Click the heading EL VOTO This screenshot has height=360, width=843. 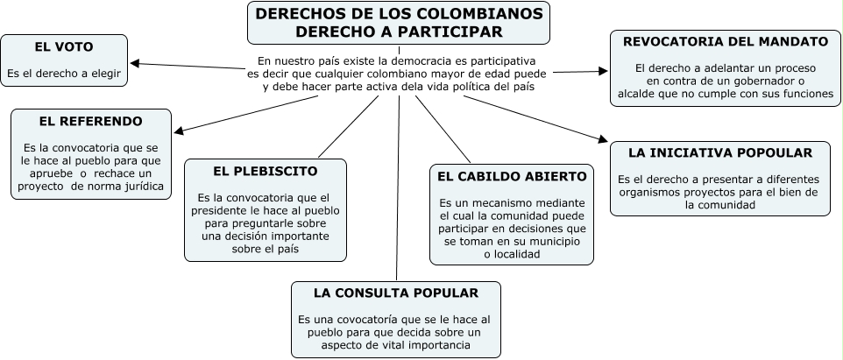coord(64,46)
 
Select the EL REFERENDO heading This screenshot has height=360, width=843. coord(90,121)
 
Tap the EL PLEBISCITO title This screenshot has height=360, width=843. coord(265,171)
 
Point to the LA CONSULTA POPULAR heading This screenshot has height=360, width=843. coord(396,293)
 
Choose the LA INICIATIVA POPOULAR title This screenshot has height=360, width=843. coord(720,152)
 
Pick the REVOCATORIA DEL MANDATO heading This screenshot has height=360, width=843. coord(725,41)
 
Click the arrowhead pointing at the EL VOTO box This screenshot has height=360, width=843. coord(134,62)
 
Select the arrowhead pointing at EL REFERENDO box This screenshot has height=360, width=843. coord(177,132)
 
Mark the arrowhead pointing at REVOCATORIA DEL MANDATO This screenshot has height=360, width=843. coord(604,71)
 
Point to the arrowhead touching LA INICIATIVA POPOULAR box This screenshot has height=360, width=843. coord(604,138)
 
